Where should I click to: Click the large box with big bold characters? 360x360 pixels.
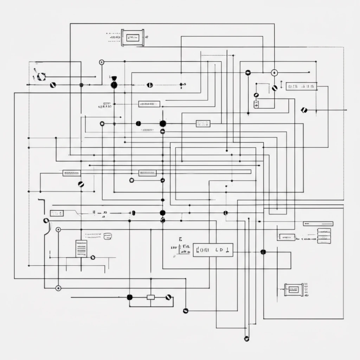click(x=213, y=250)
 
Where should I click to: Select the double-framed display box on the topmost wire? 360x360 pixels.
click(x=133, y=37)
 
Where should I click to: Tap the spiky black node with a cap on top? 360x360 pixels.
click(x=114, y=85)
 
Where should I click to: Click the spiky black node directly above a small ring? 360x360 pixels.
click(x=162, y=123)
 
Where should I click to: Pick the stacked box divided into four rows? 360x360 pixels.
click(x=324, y=236)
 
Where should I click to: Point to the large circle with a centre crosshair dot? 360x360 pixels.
click(x=274, y=73)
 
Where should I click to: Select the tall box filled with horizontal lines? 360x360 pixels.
click(x=81, y=249)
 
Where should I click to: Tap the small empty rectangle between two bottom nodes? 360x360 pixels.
click(x=150, y=297)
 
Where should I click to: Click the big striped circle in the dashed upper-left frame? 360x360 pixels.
click(x=41, y=76)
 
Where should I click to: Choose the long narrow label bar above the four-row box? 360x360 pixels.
click(x=318, y=224)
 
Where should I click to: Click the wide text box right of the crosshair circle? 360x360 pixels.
click(x=302, y=86)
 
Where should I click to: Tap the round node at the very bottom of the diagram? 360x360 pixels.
click(x=246, y=339)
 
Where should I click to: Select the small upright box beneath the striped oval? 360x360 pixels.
click(x=256, y=104)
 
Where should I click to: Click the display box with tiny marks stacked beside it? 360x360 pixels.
click(x=291, y=290)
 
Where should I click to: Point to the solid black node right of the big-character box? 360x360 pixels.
click(x=263, y=252)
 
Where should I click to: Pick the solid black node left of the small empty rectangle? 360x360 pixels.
click(x=129, y=297)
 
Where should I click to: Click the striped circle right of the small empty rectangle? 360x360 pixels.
click(x=168, y=297)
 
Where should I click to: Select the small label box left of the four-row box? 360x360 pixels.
click(x=287, y=237)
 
